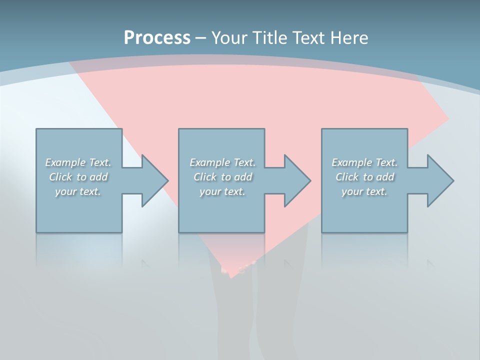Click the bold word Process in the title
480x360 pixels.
click(157, 38)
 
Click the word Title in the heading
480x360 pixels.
click(271, 38)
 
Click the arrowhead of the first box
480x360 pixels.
click(155, 180)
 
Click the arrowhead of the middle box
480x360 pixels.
click(297, 180)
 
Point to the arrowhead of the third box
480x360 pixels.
click(440, 180)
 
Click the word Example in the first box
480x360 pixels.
click(65, 162)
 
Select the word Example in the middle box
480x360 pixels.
click(209, 162)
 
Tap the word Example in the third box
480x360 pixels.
click(351, 162)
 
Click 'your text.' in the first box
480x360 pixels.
click(78, 191)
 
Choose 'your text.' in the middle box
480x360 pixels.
click(222, 191)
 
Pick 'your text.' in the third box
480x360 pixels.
click(364, 191)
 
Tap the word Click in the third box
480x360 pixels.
click(347, 177)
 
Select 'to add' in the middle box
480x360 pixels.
click(236, 177)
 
